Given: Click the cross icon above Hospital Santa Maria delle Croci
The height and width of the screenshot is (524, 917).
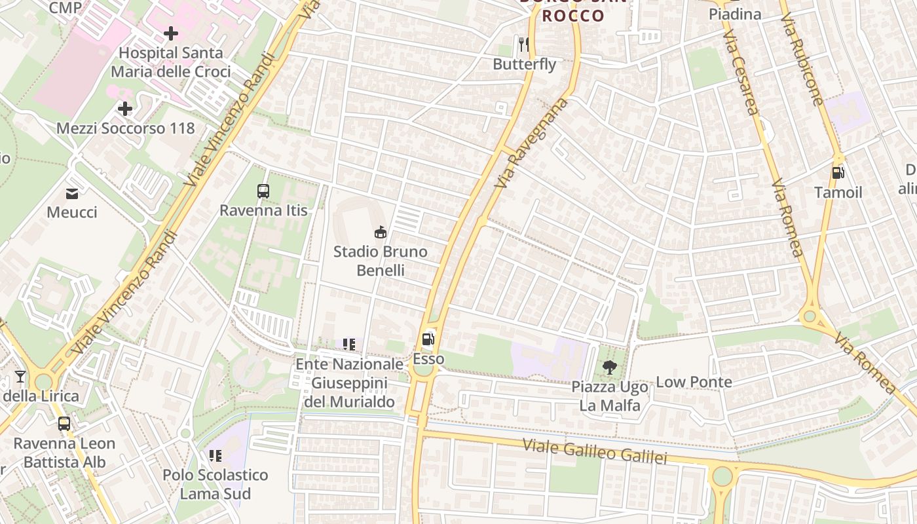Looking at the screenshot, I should click(171, 33).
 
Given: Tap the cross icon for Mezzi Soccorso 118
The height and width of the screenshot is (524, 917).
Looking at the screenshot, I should click(125, 109).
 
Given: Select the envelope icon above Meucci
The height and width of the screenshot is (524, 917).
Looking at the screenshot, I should click(72, 193).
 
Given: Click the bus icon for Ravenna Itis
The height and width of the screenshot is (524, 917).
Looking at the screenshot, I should click(263, 191).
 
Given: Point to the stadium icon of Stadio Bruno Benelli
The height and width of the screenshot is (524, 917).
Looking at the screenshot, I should click(380, 232).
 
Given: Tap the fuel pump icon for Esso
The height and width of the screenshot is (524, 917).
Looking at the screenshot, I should click(428, 339).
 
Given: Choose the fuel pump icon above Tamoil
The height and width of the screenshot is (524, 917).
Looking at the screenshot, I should click(838, 173).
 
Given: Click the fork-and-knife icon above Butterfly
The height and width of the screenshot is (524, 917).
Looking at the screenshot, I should click(523, 45).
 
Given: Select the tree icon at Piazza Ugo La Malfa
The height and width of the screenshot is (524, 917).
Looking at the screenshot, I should click(609, 367).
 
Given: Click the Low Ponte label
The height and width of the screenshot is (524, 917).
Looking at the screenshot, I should click(694, 382).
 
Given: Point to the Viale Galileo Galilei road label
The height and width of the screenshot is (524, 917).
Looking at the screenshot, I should click(595, 451).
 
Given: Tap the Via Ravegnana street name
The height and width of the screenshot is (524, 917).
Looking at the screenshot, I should click(531, 143).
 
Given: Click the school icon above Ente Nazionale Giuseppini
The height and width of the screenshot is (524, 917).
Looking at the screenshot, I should click(349, 344).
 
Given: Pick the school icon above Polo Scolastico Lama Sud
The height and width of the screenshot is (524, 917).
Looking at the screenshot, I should click(215, 455).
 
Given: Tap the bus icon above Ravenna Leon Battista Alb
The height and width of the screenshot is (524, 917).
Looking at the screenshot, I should click(64, 424).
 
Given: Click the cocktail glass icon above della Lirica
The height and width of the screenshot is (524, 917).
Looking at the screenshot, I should click(20, 377).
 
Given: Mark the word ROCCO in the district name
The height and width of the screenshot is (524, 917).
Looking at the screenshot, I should click(573, 16).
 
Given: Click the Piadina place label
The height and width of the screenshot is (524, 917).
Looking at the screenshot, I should click(735, 14).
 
